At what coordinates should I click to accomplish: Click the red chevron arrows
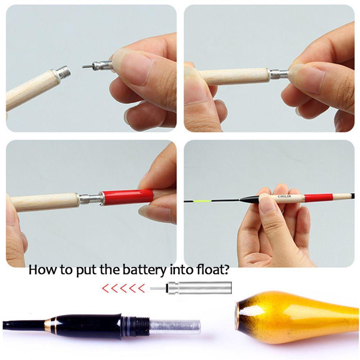pyautogui.click(x=123, y=288)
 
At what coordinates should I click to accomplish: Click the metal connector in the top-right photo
pyautogui.click(x=279, y=74)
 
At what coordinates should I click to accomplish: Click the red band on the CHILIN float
pyautogui.click(x=318, y=197)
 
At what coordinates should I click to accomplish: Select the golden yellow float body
pyautogui.click(x=299, y=312)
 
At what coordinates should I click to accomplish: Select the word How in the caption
pyautogui.click(x=42, y=270)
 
